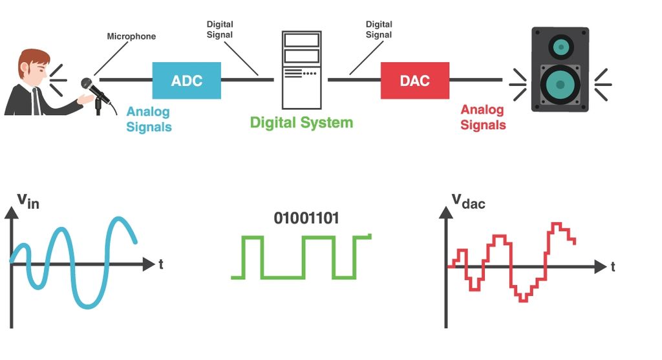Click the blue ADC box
[x=187, y=81]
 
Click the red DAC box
[x=415, y=81]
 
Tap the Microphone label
[x=131, y=36]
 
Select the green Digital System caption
[x=301, y=122]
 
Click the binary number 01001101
[x=306, y=218]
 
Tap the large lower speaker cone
[x=560, y=85]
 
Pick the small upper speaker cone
[x=561, y=47]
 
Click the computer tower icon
[x=301, y=70]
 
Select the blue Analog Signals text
[x=149, y=119]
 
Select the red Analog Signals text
[x=483, y=117]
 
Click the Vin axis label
[x=28, y=201]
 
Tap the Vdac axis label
[x=469, y=201]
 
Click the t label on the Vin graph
[x=161, y=264]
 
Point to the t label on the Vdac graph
[x=613, y=267]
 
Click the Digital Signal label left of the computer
[x=220, y=30]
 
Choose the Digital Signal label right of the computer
[x=379, y=30]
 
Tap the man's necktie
[x=37, y=101]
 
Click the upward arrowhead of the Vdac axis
[x=446, y=212]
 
